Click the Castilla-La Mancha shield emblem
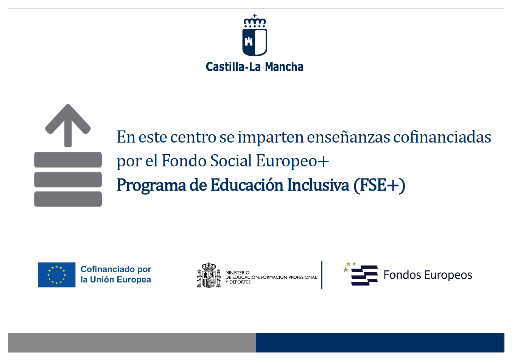pyautogui.click(x=255, y=42)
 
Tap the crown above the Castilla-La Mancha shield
pyautogui.click(x=255, y=21)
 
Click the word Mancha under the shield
pyautogui.click(x=284, y=67)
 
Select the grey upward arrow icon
pyautogui.click(x=68, y=126)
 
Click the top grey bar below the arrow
pyautogui.click(x=68, y=160)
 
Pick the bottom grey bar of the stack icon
pyautogui.click(x=68, y=199)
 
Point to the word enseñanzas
pyautogui.click(x=349, y=137)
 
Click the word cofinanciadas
pyautogui.click(x=442, y=137)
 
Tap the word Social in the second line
pyautogui.click(x=231, y=160)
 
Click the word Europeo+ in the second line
pyautogui.click(x=293, y=161)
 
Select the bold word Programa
pyautogui.click(x=151, y=185)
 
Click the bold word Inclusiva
pyautogui.click(x=318, y=185)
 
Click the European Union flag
pyautogui.click(x=57, y=275)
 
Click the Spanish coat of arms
pyautogui.click(x=209, y=275)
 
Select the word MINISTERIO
pyautogui.click(x=237, y=273)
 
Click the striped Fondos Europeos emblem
pyautogui.click(x=361, y=274)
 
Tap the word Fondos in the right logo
pyautogui.click(x=402, y=275)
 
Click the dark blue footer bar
pyautogui.click(x=380, y=342)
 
